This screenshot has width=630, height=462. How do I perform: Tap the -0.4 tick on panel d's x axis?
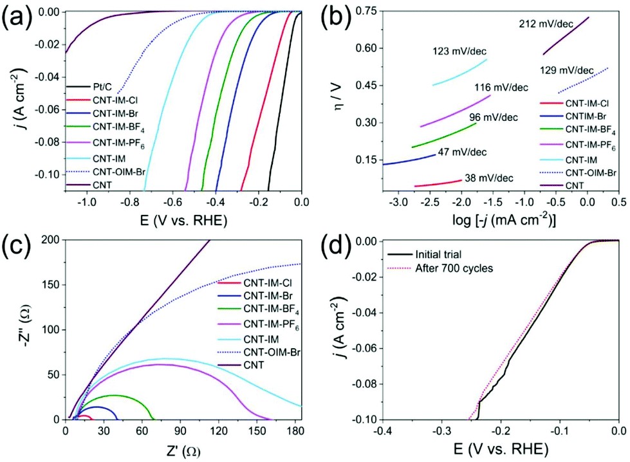coord(382,431)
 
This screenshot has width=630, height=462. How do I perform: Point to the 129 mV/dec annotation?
coord(567,69)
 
